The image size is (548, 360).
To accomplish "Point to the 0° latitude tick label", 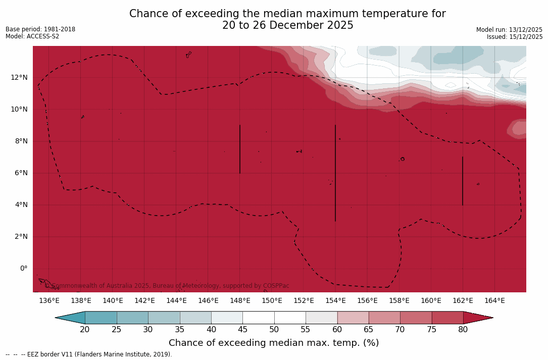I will coord(23,268).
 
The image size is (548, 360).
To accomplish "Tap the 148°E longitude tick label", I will coord(240,301).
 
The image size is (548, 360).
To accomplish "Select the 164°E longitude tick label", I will coord(494,301).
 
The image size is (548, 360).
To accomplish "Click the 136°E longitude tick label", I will coord(49,301).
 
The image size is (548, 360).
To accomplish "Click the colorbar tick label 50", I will coord(274,330).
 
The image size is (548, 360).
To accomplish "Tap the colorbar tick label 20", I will coord(85,330).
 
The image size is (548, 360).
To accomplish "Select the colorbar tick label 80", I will coord(463,330).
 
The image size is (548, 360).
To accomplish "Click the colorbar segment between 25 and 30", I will coord(132,318).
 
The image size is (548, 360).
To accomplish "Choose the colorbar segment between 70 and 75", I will coord(416,318).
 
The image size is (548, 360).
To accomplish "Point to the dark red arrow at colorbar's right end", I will coord(477,318).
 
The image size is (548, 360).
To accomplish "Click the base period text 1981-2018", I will coord(59,29).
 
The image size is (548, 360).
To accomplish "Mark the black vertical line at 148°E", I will coord(240,149).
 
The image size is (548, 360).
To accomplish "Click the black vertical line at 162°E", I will coord(463,181).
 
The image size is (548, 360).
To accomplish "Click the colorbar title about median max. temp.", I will coord(274,343).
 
